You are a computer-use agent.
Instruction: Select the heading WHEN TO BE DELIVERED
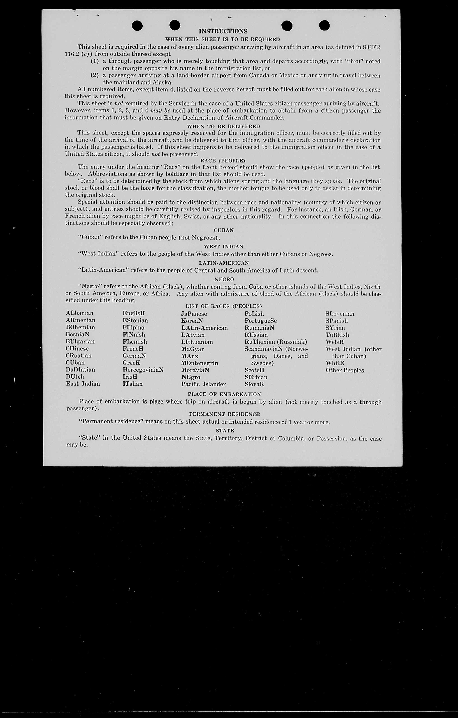223,126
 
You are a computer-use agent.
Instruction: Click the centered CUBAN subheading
224,231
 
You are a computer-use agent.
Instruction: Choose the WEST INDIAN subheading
224,247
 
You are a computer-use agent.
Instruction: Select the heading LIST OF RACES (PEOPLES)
224,306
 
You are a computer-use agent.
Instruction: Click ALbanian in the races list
80,313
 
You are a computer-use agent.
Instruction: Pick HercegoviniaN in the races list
143,370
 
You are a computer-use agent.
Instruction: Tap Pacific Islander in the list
203,384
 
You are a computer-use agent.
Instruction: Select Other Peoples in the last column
345,370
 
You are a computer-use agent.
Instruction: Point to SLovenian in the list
340,314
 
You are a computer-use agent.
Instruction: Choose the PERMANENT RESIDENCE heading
224,414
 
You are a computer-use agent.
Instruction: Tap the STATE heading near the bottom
225,431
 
